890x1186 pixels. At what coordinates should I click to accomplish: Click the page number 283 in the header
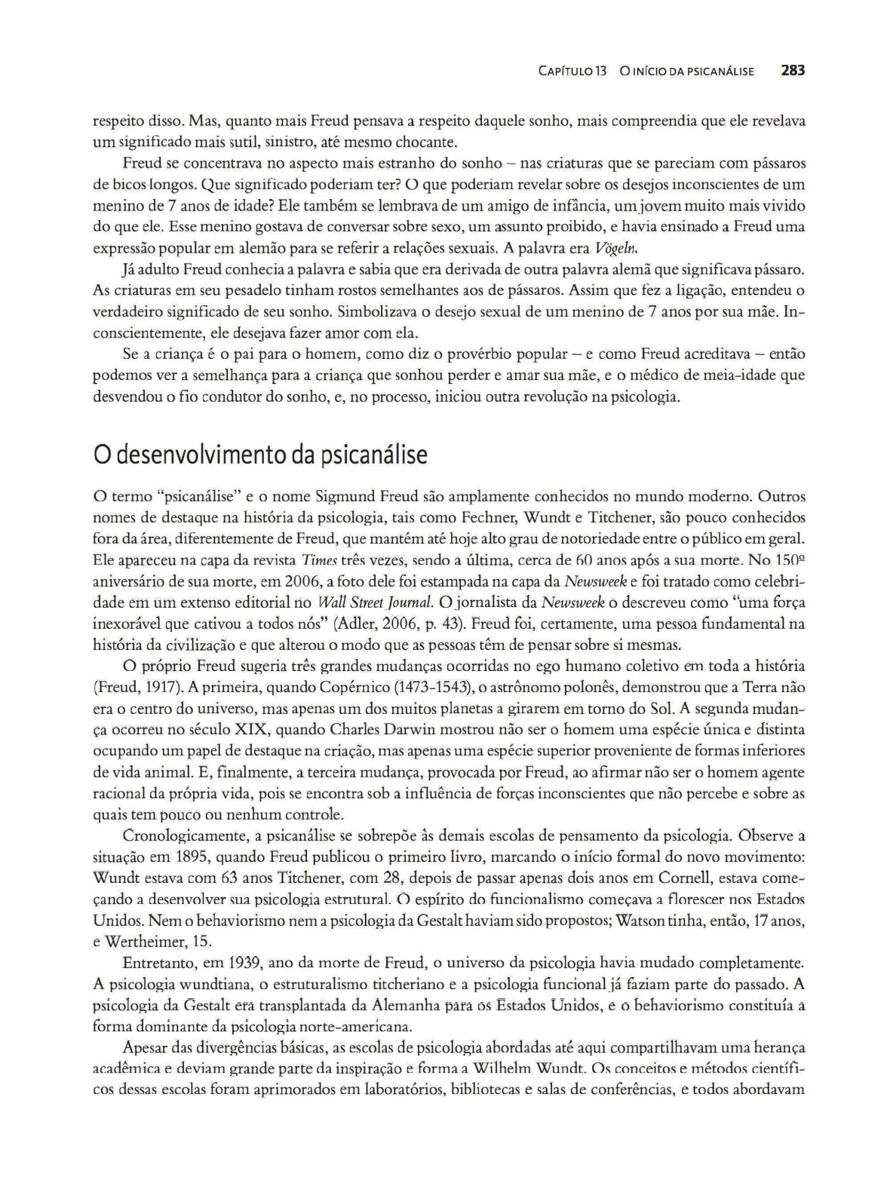(x=793, y=71)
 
